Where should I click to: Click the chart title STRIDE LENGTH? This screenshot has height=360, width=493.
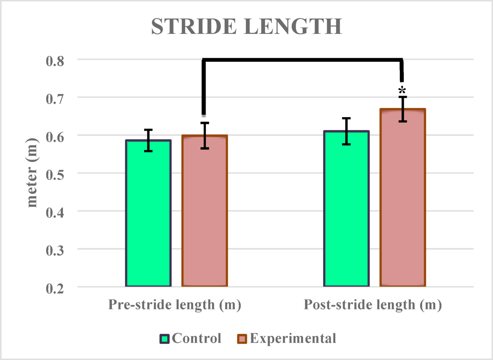[x=246, y=27]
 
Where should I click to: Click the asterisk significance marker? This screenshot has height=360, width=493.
[x=402, y=90]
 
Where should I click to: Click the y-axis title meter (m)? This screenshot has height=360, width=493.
[x=33, y=173]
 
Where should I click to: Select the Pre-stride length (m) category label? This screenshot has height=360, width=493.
[x=175, y=305]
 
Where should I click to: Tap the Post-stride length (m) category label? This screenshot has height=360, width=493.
[x=373, y=305]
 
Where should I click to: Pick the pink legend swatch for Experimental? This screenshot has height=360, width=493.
[x=243, y=339]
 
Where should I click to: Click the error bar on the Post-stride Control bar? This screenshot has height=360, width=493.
[x=347, y=131]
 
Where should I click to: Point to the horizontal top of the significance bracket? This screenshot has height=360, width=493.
[x=303, y=60]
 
